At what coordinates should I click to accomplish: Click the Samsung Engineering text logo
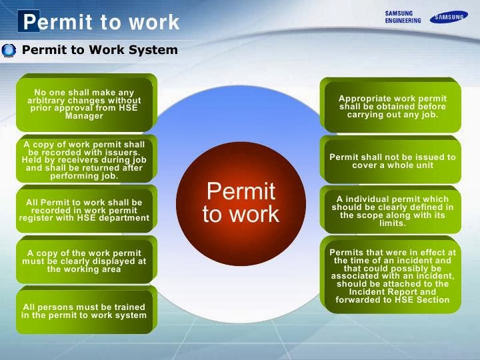click(x=403, y=17)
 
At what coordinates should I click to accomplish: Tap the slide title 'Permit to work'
click(x=101, y=22)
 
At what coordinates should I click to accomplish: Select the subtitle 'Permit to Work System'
click(x=100, y=50)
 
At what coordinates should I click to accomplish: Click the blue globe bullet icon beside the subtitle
click(x=9, y=50)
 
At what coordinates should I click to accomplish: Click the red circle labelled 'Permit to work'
click(x=241, y=202)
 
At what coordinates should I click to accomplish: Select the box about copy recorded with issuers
click(x=85, y=161)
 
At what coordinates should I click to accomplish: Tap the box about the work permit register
click(x=85, y=210)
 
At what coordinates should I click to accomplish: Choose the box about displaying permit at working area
click(x=85, y=261)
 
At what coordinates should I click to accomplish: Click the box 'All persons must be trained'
click(x=85, y=311)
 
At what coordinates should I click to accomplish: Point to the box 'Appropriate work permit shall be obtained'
click(x=392, y=107)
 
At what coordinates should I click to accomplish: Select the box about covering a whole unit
click(x=392, y=161)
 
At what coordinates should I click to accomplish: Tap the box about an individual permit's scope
click(x=392, y=211)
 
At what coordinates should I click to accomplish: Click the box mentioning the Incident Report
click(x=392, y=276)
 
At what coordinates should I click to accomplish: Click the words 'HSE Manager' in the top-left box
click(x=85, y=116)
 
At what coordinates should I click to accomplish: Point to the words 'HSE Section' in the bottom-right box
click(x=423, y=300)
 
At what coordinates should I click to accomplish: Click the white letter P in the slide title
click(x=29, y=22)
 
